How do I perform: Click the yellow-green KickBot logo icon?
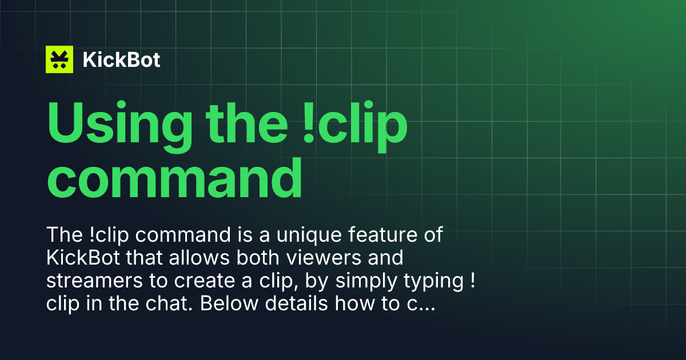pos(59,59)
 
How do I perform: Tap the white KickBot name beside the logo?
pos(121,59)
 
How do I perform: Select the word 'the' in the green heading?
pos(246,123)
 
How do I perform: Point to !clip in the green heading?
pos(355,126)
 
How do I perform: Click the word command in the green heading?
pos(174,178)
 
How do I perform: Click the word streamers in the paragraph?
pos(95,281)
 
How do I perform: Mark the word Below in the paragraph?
pos(229,303)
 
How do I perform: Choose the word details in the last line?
pos(297,303)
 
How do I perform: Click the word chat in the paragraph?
pos(169,303)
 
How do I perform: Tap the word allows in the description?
pos(199,258)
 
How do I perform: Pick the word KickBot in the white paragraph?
pos(83,258)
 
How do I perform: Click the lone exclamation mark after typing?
pos(473,281)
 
